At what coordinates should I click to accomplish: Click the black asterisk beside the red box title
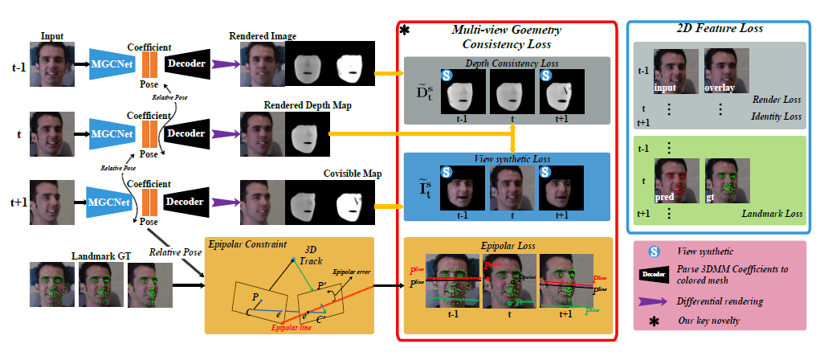click(404, 31)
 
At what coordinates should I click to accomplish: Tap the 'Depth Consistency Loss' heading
click(504, 63)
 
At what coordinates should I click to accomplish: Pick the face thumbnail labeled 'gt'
click(726, 180)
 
